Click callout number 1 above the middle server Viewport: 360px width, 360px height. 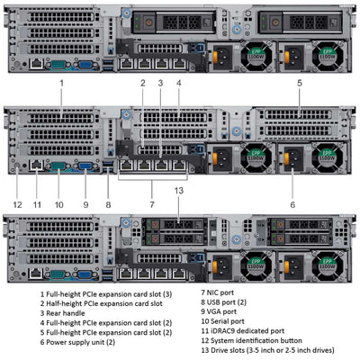pos(62,83)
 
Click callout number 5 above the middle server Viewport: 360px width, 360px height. pos(299,83)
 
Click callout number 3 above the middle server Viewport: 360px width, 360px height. pos(160,83)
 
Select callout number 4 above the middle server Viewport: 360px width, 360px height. pos(178,83)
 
